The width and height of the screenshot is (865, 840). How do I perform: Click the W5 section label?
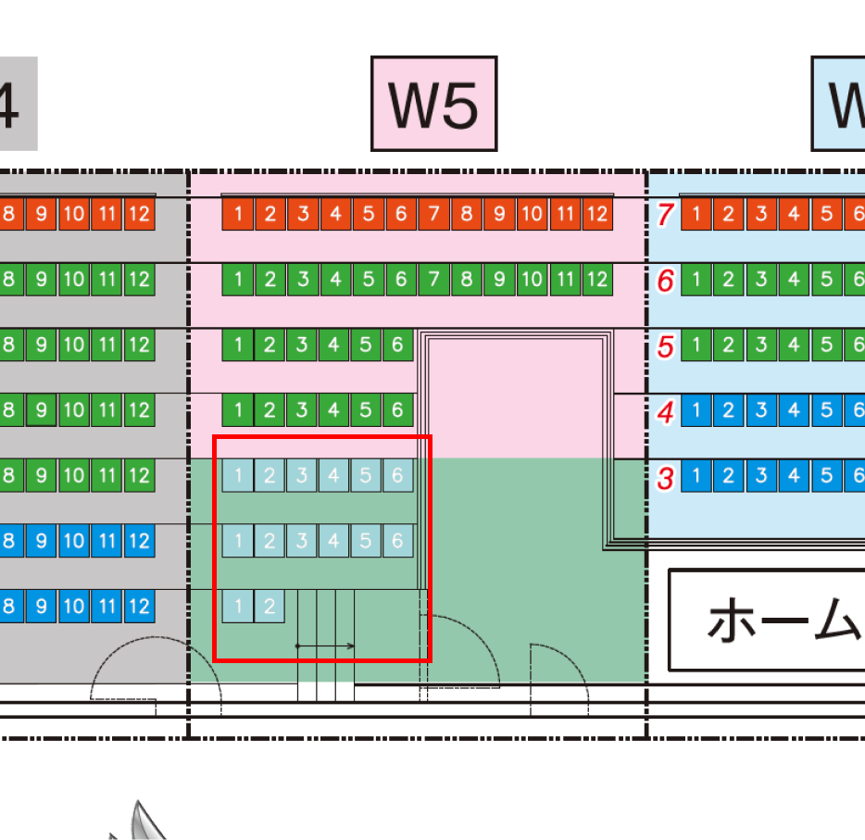pos(433,104)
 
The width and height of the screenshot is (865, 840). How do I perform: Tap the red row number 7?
pos(664,215)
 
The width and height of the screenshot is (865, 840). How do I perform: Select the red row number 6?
pos(664,281)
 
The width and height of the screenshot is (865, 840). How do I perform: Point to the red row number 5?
pos(664,346)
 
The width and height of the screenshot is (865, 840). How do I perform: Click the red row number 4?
pos(664,411)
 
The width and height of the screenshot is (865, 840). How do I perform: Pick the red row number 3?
pos(664,479)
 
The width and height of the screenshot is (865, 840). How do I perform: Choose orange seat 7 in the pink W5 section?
pos(433,215)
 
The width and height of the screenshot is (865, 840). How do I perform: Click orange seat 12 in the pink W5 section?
pos(597,215)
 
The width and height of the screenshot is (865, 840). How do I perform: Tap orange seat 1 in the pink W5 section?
pos(238,215)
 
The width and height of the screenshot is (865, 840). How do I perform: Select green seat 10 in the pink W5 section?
pos(532,279)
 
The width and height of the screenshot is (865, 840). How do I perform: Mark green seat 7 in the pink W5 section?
pos(433,279)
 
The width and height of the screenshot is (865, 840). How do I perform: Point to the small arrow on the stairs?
pos(325,646)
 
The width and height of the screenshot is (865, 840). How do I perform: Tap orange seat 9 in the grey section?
pos(41,215)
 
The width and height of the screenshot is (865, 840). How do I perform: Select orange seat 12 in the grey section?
pos(139,215)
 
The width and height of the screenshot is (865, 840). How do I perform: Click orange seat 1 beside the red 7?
pos(696,215)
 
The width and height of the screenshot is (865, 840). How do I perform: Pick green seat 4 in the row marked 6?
pos(794,279)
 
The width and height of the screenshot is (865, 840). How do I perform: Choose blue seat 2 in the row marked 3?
pos(728,477)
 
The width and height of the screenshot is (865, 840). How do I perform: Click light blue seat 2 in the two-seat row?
pos(270,608)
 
